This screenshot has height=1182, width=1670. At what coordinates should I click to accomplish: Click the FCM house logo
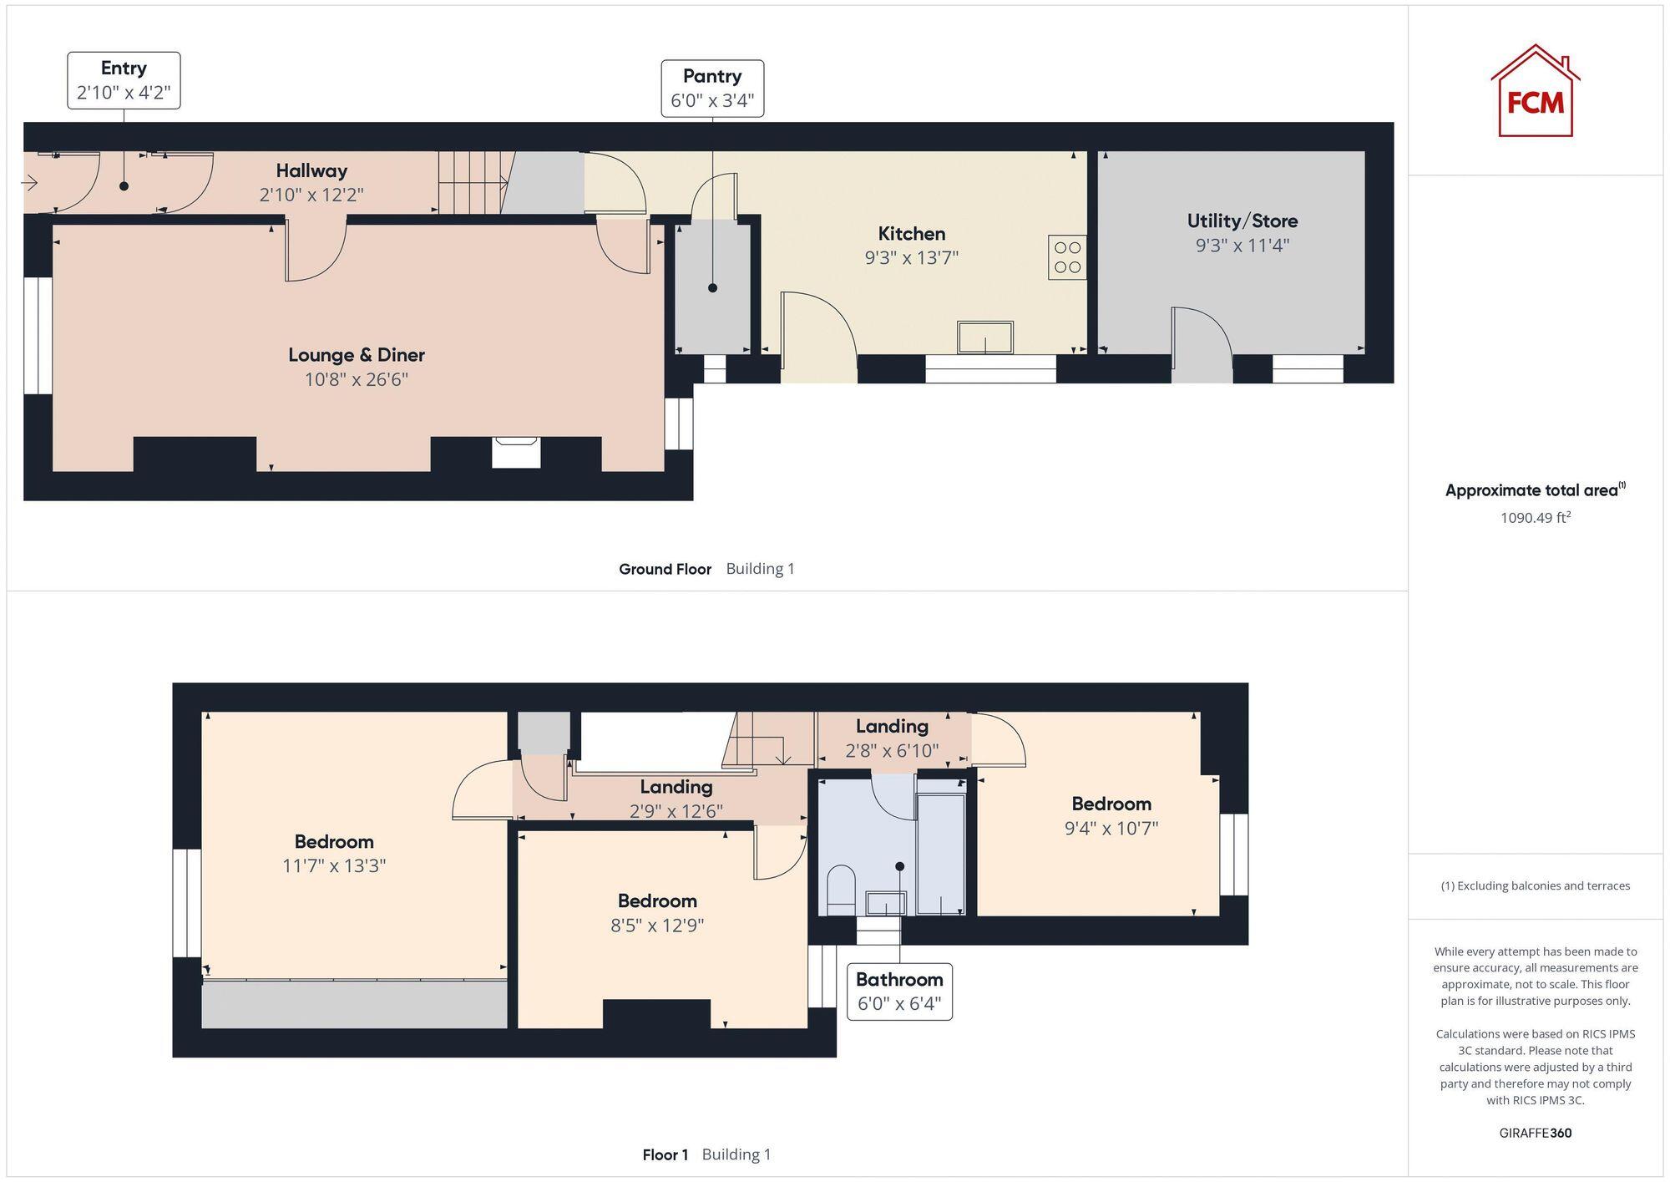(1535, 92)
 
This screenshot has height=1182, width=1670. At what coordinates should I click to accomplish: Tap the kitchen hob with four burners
(1067, 257)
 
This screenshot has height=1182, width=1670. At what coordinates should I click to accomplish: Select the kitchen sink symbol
(985, 337)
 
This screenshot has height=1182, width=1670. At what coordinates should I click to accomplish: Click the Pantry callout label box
(712, 89)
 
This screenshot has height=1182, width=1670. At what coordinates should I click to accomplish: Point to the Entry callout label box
(124, 80)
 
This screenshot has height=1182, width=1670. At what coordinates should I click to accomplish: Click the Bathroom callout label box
(899, 992)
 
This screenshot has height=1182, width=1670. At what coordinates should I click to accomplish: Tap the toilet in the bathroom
(841, 890)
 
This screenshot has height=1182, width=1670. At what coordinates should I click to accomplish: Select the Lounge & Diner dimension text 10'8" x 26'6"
(357, 380)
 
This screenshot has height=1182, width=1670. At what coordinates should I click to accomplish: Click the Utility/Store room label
(1242, 221)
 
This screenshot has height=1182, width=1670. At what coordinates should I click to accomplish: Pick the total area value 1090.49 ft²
(1535, 518)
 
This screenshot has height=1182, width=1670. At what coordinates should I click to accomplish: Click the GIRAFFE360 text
(1535, 1134)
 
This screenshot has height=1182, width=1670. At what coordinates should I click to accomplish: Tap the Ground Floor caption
(665, 570)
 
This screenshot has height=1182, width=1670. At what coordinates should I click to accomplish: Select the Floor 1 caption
(665, 1155)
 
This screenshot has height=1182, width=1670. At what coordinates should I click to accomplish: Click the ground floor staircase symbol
(472, 182)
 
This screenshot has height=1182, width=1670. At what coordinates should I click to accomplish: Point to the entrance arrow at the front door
(30, 183)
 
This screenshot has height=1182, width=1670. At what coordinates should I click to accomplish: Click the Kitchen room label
(911, 234)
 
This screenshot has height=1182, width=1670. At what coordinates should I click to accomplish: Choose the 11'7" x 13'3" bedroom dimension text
(334, 866)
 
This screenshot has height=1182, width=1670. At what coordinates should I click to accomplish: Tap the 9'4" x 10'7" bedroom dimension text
(1111, 829)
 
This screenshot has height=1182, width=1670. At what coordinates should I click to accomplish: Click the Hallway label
(311, 171)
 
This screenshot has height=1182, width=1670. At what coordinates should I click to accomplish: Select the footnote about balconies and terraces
(1535, 886)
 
